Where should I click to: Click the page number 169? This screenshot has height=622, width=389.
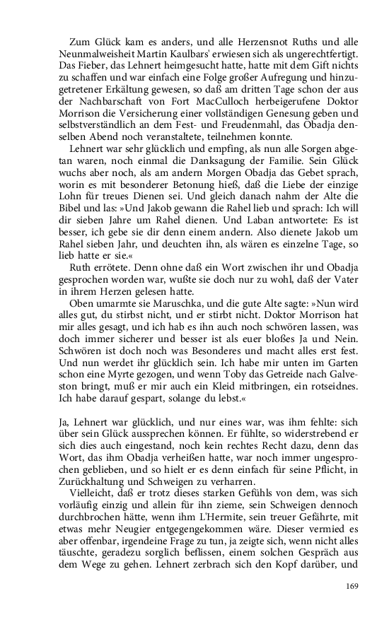click(354, 585)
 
